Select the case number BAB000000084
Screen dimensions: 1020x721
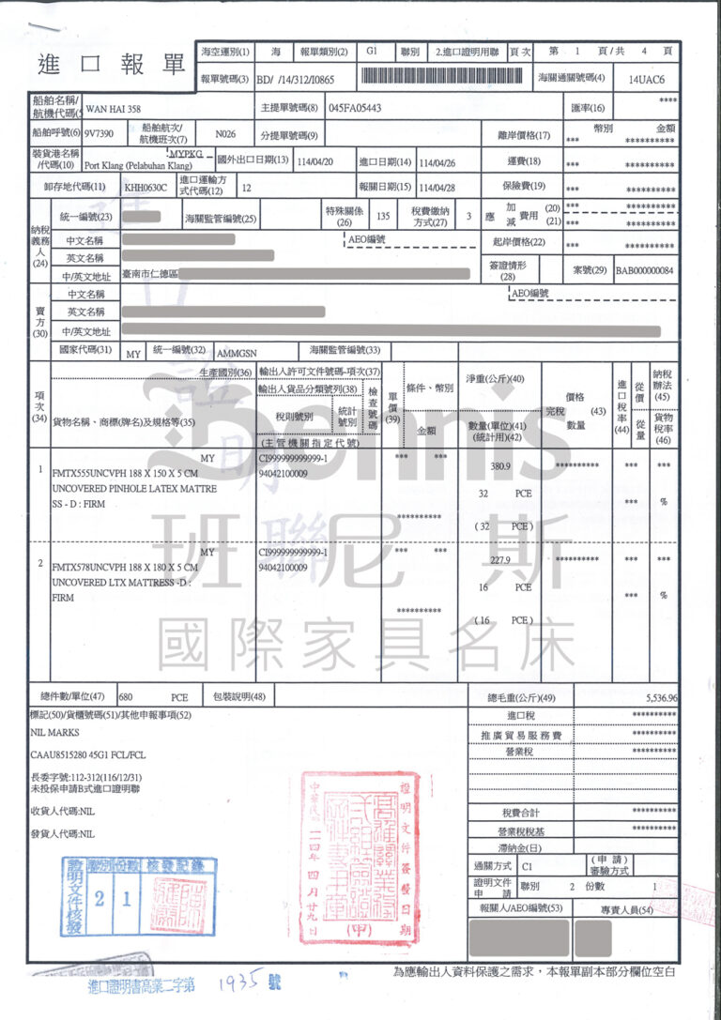pyautogui.click(x=645, y=269)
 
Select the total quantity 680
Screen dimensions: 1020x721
pyautogui.click(x=128, y=698)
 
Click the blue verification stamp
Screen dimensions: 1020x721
pyautogui.click(x=139, y=895)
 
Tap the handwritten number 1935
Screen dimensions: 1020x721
pyautogui.click(x=235, y=982)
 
